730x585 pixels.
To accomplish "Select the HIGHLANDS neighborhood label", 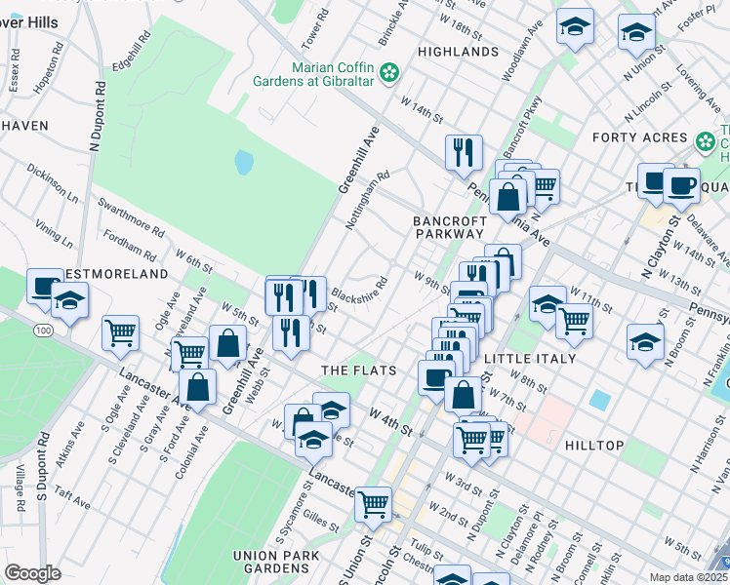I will [x=458, y=51].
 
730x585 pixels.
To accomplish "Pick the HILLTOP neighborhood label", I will [x=594, y=445].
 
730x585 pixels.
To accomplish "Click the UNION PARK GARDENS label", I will [x=270, y=562].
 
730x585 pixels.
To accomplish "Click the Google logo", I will [x=32, y=572].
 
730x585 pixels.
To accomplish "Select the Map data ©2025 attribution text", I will [x=689, y=577].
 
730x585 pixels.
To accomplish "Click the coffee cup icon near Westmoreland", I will [x=44, y=285].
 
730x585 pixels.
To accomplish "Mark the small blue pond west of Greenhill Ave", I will [x=244, y=161].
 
